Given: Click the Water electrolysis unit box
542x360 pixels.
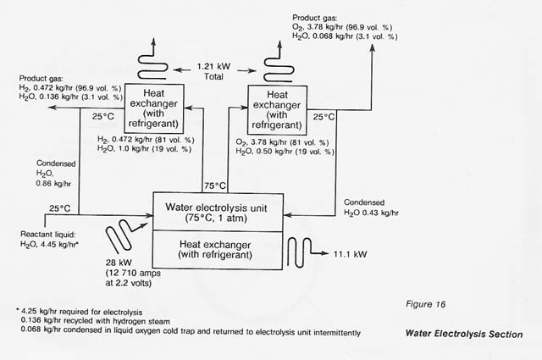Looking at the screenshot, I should [x=218, y=210].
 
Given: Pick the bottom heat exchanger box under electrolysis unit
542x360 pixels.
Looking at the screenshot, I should [x=218, y=250].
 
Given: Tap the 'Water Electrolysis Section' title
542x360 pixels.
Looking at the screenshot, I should [x=462, y=334].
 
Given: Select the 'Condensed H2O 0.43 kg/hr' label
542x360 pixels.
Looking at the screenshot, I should [x=373, y=207].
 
